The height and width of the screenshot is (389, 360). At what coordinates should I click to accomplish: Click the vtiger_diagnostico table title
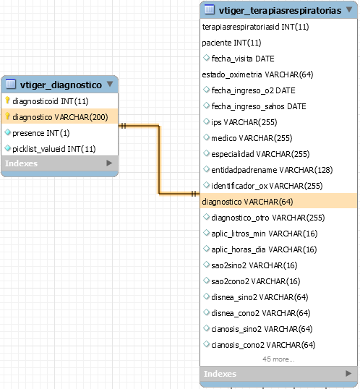click(61, 85)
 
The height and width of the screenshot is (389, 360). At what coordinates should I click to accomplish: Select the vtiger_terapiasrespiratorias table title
click(280, 11)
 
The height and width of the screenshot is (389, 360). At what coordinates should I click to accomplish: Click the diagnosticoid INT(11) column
click(51, 101)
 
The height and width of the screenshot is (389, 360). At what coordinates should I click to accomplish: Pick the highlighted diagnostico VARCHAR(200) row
click(59, 116)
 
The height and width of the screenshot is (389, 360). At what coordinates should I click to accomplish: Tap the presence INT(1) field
click(41, 133)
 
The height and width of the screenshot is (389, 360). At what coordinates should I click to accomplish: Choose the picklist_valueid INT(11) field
click(54, 149)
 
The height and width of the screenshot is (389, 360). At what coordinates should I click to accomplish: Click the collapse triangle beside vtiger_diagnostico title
click(110, 84)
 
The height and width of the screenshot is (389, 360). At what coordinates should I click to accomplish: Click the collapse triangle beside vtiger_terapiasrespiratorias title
click(349, 9)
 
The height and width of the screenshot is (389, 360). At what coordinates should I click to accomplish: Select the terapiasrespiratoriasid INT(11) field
click(256, 27)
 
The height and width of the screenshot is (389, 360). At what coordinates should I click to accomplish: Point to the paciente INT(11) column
click(231, 43)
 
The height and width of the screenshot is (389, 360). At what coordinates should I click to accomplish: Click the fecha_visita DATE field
click(243, 59)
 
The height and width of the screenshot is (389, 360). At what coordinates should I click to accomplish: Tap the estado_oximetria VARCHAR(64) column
click(257, 74)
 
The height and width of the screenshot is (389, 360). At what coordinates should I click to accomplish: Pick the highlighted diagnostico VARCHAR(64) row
click(278, 202)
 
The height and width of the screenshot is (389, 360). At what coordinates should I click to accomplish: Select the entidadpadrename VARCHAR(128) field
click(272, 170)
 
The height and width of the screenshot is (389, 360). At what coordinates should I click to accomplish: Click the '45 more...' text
click(278, 359)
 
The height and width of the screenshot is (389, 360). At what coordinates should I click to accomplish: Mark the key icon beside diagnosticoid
click(7, 101)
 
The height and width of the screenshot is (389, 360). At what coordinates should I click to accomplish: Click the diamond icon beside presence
click(8, 132)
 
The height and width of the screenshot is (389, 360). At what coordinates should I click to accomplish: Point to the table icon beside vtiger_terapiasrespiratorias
click(210, 9)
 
